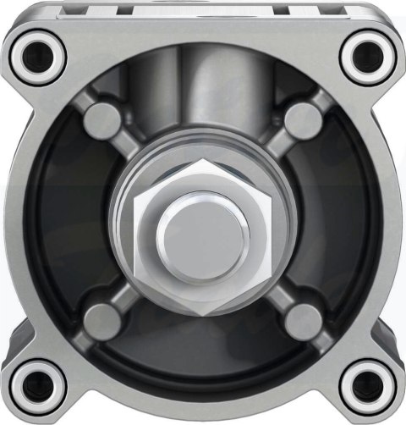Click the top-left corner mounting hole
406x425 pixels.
click(x=39, y=53)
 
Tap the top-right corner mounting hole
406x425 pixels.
click(x=369, y=53)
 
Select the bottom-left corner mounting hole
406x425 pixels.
click(x=39, y=387)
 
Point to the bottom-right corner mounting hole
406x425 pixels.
click(x=369, y=387)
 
